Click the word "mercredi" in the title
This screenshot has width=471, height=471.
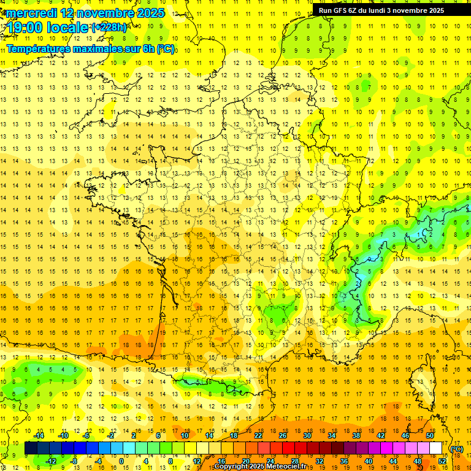[x=31, y=13]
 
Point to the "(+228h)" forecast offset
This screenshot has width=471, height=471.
[x=109, y=28]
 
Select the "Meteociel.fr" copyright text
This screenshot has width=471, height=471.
[x=288, y=467]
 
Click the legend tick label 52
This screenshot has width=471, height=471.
[x=442, y=461]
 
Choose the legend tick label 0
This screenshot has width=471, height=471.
[x=121, y=461]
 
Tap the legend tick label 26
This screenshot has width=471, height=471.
[x=283, y=435]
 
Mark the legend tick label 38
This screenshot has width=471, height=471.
[x=356, y=435]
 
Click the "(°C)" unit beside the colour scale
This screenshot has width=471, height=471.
[x=457, y=449]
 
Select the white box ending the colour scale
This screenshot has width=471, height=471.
[x=436, y=448]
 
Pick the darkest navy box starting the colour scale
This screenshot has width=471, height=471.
[x=31, y=448]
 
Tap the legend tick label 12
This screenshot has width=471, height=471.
[x=197, y=461]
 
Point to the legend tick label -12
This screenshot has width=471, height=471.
[x=51, y=461]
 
